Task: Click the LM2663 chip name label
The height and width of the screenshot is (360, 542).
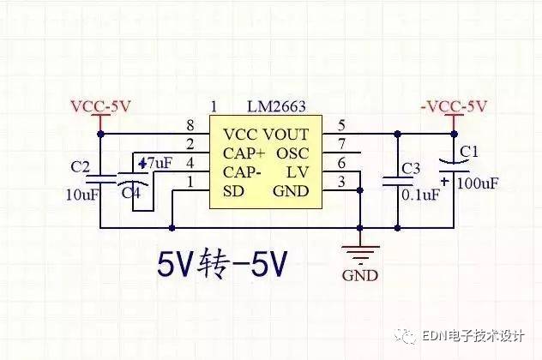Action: [x=276, y=106]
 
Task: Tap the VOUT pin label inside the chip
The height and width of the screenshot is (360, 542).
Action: [x=286, y=135]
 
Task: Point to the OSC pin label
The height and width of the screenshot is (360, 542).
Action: [x=292, y=153]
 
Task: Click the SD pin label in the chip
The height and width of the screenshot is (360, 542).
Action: [x=233, y=191]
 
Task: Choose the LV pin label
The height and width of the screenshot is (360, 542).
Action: [x=298, y=172]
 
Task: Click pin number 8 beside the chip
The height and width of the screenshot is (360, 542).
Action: [x=190, y=125]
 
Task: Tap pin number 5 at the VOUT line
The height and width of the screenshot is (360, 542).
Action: [x=341, y=125]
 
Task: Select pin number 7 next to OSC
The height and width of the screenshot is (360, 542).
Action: [x=341, y=144]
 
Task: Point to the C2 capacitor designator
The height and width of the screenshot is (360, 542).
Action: [x=81, y=167]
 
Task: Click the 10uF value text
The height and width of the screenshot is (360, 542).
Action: [x=82, y=195]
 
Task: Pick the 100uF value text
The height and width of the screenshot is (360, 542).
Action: [x=478, y=183]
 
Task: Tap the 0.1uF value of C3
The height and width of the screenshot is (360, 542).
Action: [x=421, y=195]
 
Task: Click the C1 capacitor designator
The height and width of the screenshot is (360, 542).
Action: [x=469, y=152]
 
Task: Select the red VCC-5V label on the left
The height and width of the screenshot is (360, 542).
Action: [x=100, y=106]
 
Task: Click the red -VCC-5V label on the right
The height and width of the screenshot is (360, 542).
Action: [x=454, y=106]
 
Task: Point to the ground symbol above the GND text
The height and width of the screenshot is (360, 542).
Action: [x=360, y=255]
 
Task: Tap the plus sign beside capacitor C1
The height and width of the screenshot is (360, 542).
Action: [x=445, y=181]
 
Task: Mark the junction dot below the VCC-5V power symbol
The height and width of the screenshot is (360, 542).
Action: [x=100, y=134]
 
